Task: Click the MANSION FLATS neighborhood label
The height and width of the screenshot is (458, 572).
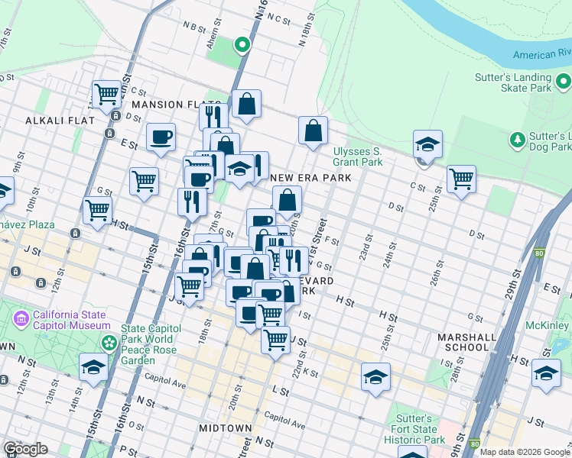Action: point(166,105)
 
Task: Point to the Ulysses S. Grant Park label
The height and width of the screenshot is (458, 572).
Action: point(357,156)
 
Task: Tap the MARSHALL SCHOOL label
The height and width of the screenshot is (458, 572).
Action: point(463,341)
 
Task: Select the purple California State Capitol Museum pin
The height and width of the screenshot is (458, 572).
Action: point(21,317)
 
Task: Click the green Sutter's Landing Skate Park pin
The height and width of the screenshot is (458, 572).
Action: point(564,80)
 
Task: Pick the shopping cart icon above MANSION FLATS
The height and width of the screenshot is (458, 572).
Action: point(107,95)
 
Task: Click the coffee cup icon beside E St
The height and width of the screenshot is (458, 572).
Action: point(161,137)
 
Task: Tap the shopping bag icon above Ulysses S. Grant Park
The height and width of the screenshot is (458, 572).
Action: point(313,131)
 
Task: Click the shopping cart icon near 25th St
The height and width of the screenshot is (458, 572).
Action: point(461,179)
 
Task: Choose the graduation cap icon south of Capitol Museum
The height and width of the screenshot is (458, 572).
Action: point(93,367)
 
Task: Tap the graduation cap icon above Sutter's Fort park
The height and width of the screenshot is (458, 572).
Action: point(375,378)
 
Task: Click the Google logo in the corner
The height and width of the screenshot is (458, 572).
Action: point(26,449)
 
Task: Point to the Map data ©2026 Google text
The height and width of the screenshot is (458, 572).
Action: point(524,452)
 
